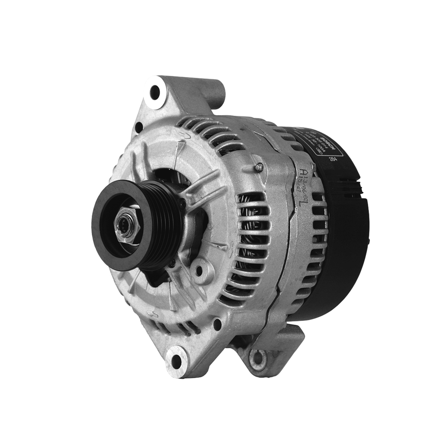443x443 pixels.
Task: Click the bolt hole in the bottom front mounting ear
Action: (177, 360)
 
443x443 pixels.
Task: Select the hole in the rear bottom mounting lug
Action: (258, 358)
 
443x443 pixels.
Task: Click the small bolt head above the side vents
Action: (259, 167)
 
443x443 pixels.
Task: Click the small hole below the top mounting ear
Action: (138, 127)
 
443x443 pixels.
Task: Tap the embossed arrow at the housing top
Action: (182, 135)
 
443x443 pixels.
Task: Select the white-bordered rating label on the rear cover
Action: (318, 143)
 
